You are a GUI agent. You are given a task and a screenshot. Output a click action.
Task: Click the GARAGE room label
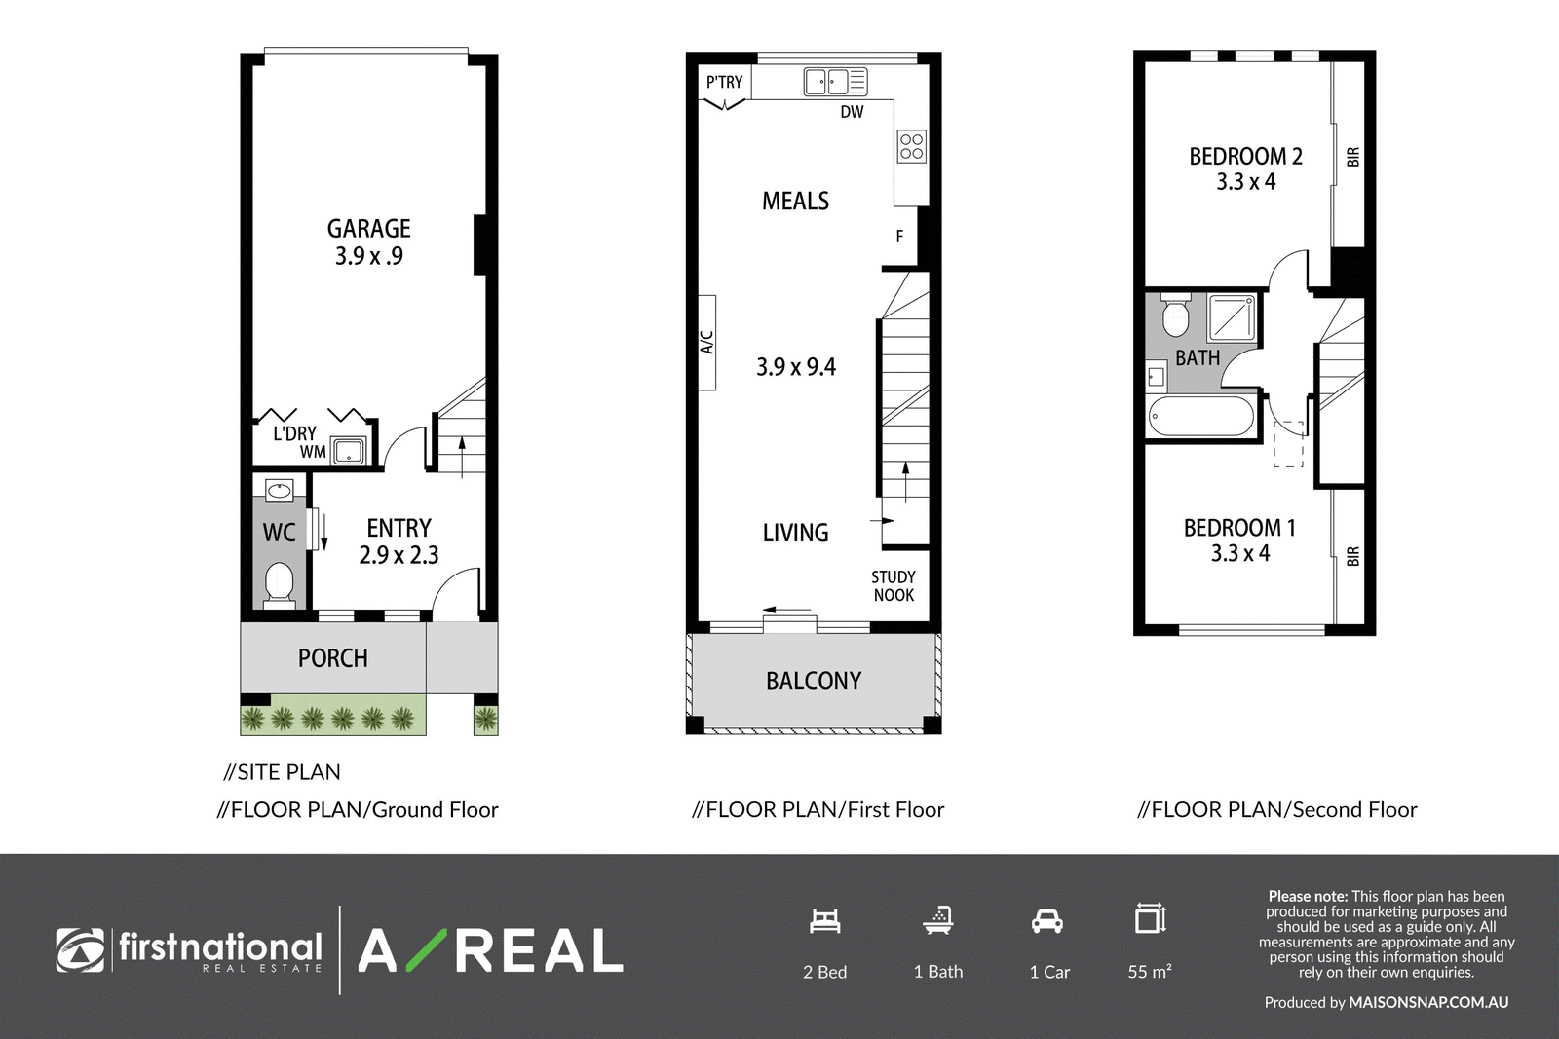pyautogui.click(x=369, y=228)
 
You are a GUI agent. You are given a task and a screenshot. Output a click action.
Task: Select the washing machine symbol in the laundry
pyautogui.click(x=347, y=451)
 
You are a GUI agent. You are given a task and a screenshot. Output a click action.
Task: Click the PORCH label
pyautogui.click(x=332, y=658)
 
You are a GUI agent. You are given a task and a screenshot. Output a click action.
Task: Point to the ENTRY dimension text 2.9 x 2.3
pyautogui.click(x=399, y=555)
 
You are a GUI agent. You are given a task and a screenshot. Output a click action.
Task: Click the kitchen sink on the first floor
pyautogui.click(x=835, y=82)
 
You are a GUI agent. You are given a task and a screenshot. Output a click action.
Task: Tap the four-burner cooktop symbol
pyautogui.click(x=912, y=147)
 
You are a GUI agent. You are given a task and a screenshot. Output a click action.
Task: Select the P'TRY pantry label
pyautogui.click(x=725, y=82)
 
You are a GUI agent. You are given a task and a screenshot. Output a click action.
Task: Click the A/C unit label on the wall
pyautogui.click(x=707, y=342)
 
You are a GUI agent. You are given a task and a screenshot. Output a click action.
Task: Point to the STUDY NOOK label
pyautogui.click(x=894, y=586)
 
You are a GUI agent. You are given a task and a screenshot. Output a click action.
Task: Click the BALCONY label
pyautogui.click(x=814, y=681)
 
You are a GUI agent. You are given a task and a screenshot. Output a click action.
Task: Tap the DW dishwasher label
pyautogui.click(x=852, y=112)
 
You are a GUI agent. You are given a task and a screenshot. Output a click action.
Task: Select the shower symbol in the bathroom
pyautogui.click(x=1232, y=318)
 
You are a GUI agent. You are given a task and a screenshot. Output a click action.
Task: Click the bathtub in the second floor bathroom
pyautogui.click(x=1201, y=416)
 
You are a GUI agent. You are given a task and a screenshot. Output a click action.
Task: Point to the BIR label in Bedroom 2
pyautogui.click(x=1353, y=157)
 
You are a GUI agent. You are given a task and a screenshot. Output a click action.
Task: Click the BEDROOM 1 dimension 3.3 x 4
pyautogui.click(x=1240, y=553)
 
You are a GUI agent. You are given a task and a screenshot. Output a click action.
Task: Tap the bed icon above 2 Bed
pyautogui.click(x=824, y=921)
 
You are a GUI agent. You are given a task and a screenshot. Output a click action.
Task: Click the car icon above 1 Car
pyautogui.click(x=1047, y=921)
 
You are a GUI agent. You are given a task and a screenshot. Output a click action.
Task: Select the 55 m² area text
pyautogui.click(x=1150, y=972)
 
